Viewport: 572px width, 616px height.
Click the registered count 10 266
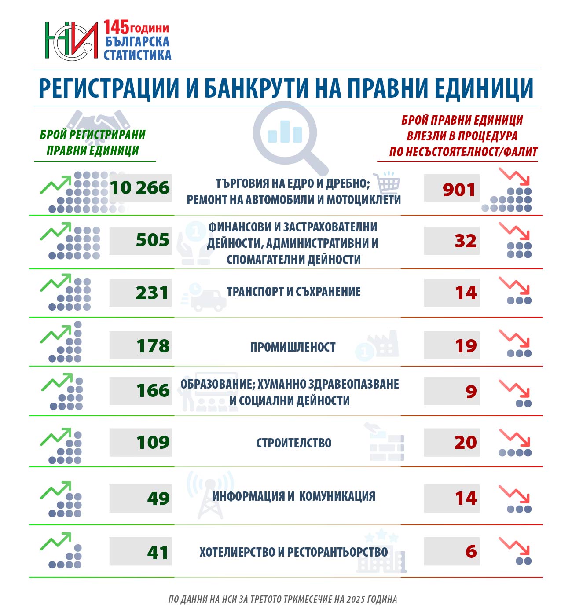(x=139, y=188)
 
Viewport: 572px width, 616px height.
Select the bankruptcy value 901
(x=459, y=190)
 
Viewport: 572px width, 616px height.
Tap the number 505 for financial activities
(x=152, y=240)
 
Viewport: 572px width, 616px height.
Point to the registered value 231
(x=152, y=293)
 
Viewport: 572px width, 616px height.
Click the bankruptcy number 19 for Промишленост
(x=466, y=346)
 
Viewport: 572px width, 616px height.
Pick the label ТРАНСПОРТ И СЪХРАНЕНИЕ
(x=293, y=292)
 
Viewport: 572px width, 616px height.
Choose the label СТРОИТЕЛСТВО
(x=293, y=443)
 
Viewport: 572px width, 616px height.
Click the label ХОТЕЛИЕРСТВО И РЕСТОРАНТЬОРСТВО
(x=293, y=552)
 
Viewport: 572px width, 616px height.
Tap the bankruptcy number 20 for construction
(x=466, y=443)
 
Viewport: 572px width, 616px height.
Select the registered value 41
(x=158, y=553)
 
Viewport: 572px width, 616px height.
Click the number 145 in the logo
(x=116, y=27)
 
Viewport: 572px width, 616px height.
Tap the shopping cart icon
(x=388, y=183)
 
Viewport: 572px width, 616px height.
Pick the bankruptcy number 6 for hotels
(x=471, y=552)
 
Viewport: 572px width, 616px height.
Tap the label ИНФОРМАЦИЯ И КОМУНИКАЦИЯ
(x=293, y=496)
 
